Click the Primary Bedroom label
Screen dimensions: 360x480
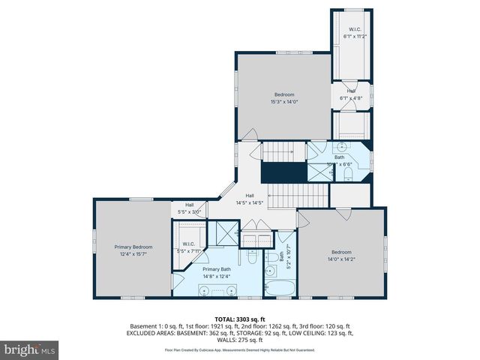pos(133,247)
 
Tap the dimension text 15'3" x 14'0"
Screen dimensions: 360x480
pos(285,101)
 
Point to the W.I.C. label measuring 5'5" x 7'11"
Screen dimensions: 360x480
pos(189,244)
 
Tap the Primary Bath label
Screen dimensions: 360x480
pos(216,269)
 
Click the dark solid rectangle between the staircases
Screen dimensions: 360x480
pos(283,172)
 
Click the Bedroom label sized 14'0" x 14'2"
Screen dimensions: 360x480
pos(341,252)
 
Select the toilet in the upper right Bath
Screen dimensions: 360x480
pos(349,174)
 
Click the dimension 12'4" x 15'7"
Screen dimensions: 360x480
pos(133,253)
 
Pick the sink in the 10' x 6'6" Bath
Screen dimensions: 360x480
pos(342,148)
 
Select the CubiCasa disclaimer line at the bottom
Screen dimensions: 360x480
pos(239,350)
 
